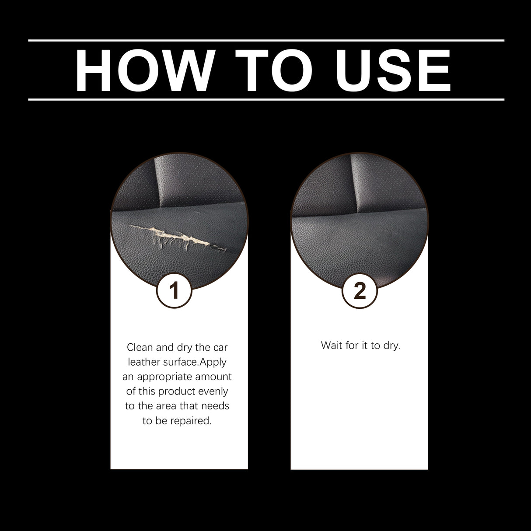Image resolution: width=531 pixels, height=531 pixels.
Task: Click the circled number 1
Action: [174, 290]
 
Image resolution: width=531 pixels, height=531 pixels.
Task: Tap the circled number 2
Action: [360, 290]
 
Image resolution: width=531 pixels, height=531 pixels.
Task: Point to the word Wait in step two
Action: [331, 345]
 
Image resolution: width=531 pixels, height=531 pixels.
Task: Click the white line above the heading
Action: [266, 40]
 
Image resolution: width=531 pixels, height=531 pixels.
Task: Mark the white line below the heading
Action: [266, 99]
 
